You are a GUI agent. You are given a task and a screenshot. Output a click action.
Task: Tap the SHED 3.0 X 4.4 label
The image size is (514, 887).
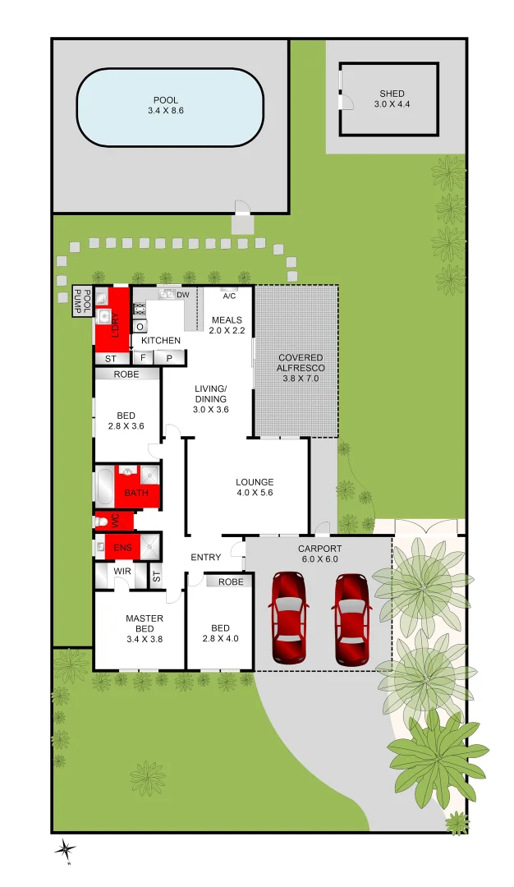pos(392,99)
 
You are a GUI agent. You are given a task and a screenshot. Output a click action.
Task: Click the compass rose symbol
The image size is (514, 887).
pos(67,850)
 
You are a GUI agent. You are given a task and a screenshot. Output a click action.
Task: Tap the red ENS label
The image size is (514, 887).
pos(122,547)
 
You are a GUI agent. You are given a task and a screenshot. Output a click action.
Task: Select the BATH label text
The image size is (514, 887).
pos(136,493)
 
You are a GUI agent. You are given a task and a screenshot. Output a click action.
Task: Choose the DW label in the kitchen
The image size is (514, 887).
pos(183,295)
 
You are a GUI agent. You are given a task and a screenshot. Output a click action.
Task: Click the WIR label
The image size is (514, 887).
pos(122,571)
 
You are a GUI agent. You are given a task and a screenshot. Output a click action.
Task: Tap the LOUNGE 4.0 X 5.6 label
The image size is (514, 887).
pos(255,488)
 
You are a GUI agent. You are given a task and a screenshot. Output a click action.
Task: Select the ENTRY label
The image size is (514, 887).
pos(205,558)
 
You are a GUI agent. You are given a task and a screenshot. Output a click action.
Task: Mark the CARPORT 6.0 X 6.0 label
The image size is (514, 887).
pos(319,554)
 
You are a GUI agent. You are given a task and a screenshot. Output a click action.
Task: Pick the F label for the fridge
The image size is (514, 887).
pos(143,358)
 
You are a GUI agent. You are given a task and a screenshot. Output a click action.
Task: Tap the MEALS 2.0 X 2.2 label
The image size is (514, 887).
pos(227,325)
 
